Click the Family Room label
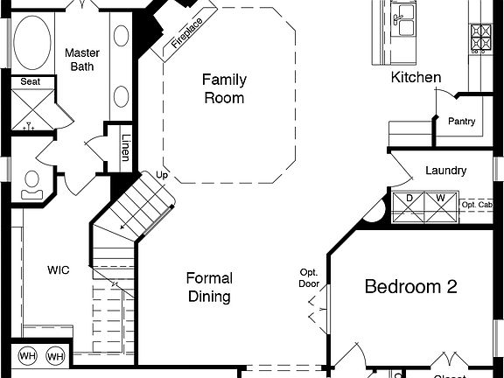[223, 88]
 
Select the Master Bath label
[83, 59]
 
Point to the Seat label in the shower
[30, 81]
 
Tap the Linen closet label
[126, 148]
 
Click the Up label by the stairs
[161, 175]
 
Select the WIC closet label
[58, 270]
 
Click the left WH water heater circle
[27, 356]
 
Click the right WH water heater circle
[55, 356]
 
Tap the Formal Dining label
[209, 288]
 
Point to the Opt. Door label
[307, 277]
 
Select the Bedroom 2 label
[411, 286]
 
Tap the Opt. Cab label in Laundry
[478, 205]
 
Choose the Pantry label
[461, 122]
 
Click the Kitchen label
[416, 78]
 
